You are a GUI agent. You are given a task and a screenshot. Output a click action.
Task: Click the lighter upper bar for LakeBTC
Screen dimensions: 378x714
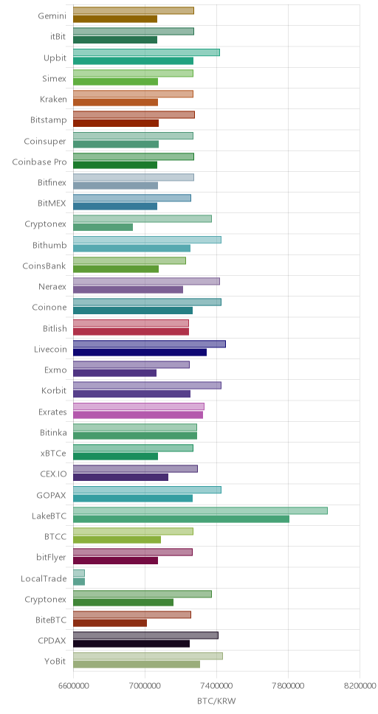(200, 510)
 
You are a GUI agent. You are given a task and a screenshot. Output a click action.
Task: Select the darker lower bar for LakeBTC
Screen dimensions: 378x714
(181, 519)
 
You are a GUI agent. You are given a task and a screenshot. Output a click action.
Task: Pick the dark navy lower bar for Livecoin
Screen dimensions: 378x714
(140, 352)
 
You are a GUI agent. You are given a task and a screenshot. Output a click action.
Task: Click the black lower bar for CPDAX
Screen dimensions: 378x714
(131, 643)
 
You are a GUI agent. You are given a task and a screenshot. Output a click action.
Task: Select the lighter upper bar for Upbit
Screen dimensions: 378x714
(146, 52)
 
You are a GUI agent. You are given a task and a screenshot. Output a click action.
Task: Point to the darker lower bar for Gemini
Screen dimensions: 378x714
(115, 19)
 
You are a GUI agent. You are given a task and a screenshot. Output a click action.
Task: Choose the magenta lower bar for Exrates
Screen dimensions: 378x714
(138, 415)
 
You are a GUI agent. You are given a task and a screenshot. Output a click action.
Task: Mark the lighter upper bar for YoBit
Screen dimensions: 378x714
(148, 656)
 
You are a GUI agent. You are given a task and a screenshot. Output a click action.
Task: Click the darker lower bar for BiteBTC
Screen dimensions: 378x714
(110, 623)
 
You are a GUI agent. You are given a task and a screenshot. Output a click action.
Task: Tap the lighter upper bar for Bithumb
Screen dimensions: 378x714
(147, 240)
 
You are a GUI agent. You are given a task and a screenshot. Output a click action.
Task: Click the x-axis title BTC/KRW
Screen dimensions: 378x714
(216, 701)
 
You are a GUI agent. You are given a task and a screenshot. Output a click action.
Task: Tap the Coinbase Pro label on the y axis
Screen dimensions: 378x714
(39, 162)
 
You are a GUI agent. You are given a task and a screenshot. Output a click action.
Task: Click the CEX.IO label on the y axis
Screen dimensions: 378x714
(53, 474)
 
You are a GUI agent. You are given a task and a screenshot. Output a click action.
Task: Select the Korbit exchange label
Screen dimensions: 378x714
(54, 391)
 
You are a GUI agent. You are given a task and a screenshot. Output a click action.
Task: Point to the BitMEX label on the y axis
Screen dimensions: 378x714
(52, 204)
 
